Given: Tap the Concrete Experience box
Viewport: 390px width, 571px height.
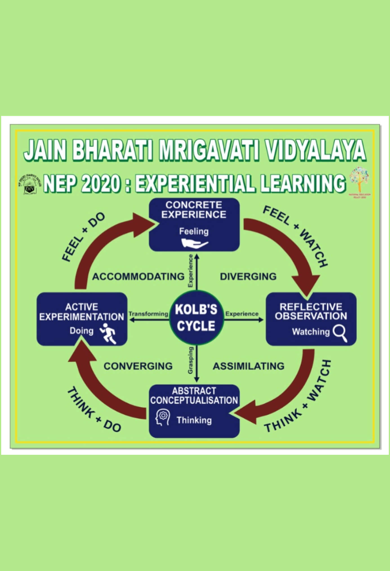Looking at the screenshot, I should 194,224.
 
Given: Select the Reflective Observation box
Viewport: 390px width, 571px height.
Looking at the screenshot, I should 311,319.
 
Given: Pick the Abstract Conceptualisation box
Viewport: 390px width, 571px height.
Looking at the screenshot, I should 194,411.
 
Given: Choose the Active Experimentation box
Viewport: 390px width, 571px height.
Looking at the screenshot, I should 82,319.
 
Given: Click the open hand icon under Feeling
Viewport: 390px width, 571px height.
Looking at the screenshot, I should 194,243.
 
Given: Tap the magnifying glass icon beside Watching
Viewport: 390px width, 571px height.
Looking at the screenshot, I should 340,333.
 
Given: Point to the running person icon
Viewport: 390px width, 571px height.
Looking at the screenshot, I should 108,333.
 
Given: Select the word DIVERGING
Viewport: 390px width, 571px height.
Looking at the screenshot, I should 248,277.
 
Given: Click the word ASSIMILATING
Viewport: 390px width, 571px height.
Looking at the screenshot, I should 248,366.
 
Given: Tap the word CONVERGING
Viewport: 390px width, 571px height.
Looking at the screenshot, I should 138,366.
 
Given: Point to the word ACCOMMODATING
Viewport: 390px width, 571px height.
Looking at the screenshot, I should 138,277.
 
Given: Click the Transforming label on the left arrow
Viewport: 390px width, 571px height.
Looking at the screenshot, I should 148,314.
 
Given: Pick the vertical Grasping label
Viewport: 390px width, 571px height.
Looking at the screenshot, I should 191,360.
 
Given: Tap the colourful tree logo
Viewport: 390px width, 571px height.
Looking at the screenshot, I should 359,180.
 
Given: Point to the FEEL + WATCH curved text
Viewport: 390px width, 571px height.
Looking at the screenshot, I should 296,235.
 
